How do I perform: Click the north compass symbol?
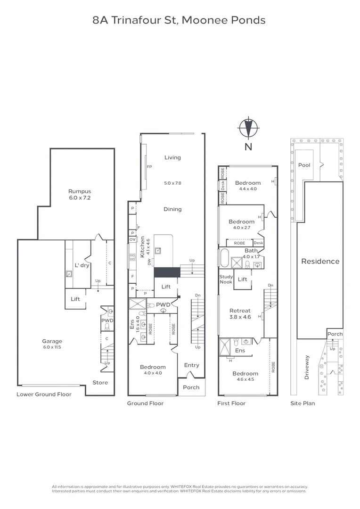(248, 128)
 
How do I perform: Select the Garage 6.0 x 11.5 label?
(51, 344)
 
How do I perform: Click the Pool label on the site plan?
(304, 165)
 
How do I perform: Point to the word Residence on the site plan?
(320, 261)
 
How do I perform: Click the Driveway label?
(307, 368)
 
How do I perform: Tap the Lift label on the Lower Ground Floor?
(75, 299)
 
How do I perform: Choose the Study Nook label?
(226, 279)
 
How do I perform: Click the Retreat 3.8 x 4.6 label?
(240, 314)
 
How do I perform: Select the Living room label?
(172, 157)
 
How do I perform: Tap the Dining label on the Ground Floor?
(172, 209)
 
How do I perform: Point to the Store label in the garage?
(100, 383)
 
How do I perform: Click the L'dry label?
(82, 265)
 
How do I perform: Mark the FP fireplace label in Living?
(149, 167)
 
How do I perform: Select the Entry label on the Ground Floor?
(192, 365)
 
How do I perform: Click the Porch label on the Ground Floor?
(191, 387)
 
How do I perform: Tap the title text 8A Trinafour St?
(180, 20)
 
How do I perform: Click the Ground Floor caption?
(145, 403)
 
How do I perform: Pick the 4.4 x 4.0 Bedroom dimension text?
(247, 189)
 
